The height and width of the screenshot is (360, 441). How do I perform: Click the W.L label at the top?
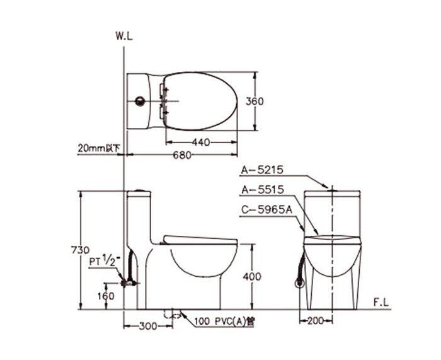[123, 36]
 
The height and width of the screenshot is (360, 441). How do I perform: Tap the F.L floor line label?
[381, 303]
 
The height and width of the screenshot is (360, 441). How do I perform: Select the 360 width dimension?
[255, 102]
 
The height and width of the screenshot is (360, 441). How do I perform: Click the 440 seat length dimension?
[201, 142]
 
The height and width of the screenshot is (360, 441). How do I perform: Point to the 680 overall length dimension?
[182, 155]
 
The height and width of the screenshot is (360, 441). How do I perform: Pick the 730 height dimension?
[80, 250]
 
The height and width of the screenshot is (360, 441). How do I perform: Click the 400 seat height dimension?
[252, 276]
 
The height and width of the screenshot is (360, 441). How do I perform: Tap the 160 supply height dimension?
[106, 296]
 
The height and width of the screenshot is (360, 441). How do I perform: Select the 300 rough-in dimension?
[148, 326]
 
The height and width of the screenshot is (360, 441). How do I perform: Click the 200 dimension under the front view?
[316, 320]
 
